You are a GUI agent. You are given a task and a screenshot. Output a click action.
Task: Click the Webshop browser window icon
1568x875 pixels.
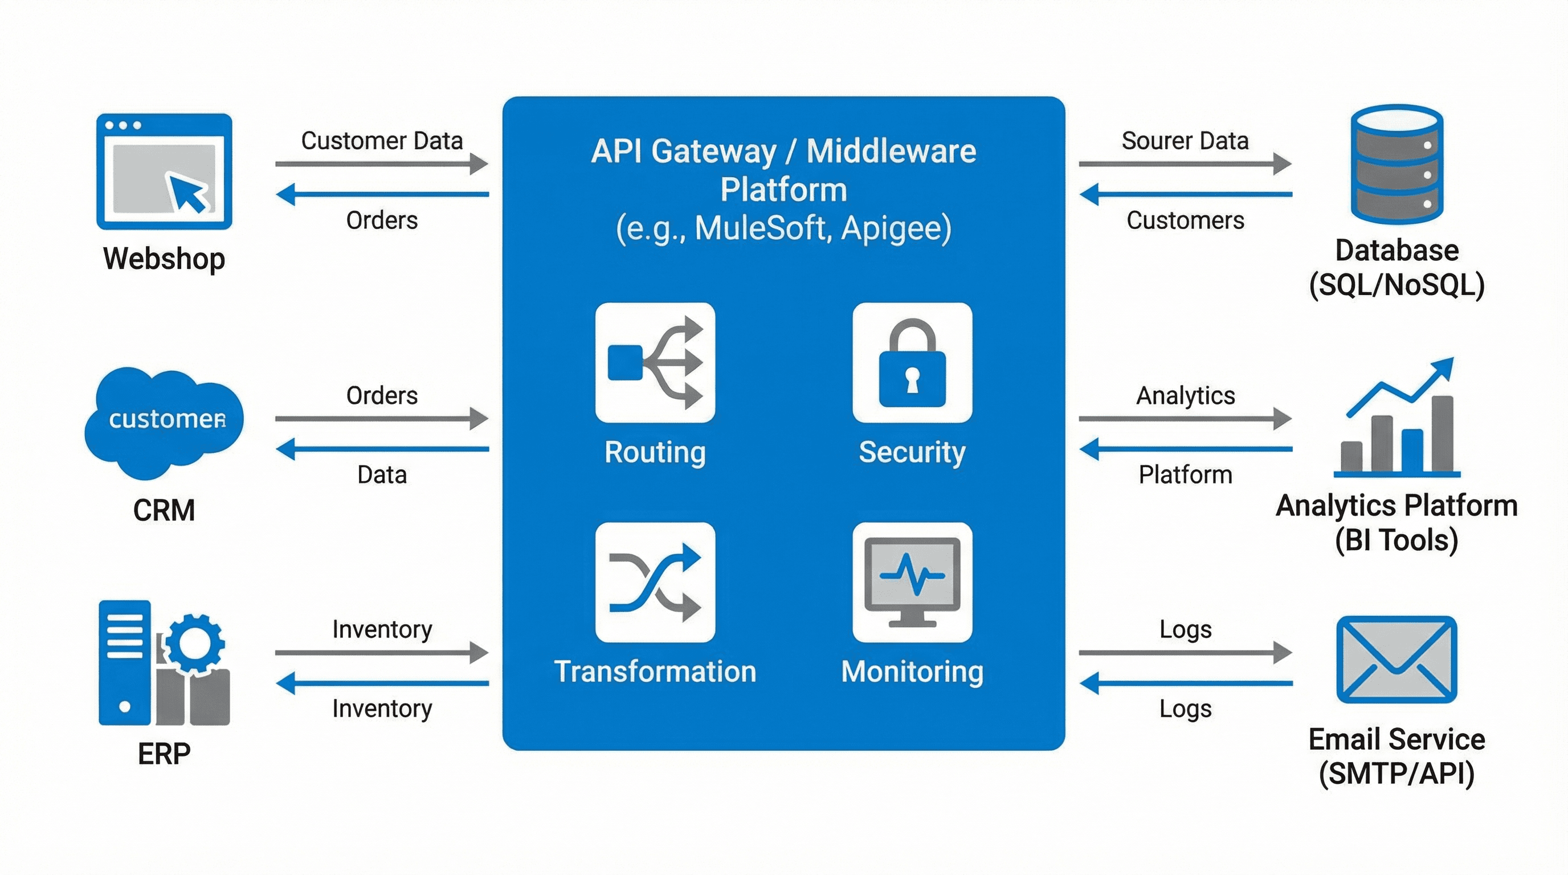[x=164, y=171]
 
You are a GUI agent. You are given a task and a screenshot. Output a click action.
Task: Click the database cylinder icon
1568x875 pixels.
[x=1396, y=165]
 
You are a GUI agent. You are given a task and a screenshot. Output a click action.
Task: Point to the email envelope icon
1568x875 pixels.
[x=1396, y=660]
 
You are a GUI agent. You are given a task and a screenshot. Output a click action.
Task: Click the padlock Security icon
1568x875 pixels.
[x=912, y=363]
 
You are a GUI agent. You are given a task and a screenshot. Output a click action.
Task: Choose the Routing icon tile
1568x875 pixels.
[x=655, y=363]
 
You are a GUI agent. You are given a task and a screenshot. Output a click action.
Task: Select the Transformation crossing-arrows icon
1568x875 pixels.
[x=655, y=582]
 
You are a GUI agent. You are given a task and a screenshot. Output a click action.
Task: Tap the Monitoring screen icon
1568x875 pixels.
[x=912, y=582]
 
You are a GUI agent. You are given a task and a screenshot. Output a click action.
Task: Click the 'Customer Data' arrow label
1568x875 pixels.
[x=382, y=141]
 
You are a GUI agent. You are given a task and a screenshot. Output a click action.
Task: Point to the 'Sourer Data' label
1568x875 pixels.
[x=1185, y=141]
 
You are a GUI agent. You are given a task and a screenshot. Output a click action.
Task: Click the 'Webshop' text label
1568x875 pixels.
[x=164, y=259]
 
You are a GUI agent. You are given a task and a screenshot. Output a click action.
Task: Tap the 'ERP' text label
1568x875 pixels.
[x=164, y=754]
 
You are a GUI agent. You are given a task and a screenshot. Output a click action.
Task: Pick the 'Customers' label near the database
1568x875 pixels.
[x=1185, y=220]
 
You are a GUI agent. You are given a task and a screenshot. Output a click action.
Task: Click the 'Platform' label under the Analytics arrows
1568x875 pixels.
[x=1185, y=475]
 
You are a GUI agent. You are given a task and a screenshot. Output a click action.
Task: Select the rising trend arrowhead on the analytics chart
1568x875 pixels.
[x=1443, y=367]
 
